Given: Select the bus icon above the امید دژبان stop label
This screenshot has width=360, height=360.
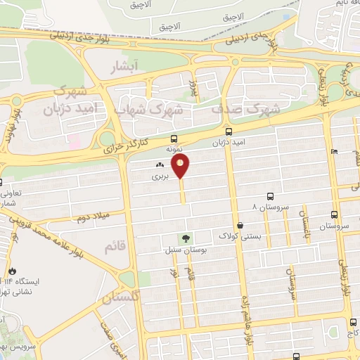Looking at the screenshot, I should pos(228,131).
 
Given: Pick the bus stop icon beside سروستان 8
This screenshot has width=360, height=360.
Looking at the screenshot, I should pos(271,198).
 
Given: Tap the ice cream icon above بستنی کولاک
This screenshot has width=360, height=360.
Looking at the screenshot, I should pos(241,226).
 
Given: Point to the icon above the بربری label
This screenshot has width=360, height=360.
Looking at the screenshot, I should pos(159,166).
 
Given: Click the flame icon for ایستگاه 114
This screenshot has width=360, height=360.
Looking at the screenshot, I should pos(12,271).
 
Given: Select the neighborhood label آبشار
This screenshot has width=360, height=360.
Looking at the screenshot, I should pos(127,67).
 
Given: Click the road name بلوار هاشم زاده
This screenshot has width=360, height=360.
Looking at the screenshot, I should pos(247,296).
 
